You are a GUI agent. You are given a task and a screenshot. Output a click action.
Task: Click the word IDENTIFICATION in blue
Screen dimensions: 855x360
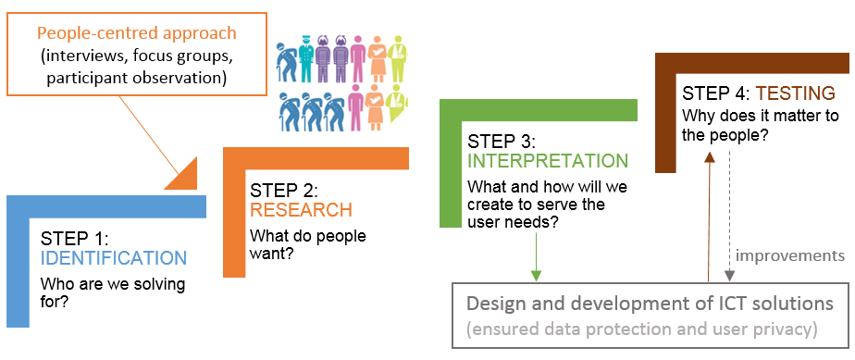pyautogui.click(x=114, y=257)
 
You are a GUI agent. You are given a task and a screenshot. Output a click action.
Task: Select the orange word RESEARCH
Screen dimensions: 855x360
pyautogui.click(x=301, y=210)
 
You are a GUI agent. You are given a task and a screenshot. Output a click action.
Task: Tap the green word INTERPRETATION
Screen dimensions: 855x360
pyautogui.click(x=548, y=161)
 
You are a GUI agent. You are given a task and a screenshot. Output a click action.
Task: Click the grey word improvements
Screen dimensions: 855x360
pyautogui.click(x=789, y=255)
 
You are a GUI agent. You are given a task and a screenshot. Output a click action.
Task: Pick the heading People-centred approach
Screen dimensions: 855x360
pyautogui.click(x=137, y=32)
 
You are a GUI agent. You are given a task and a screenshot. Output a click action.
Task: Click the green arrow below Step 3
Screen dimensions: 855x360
pyautogui.click(x=537, y=255)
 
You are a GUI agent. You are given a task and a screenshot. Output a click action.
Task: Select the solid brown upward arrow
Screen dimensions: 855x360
pyautogui.click(x=709, y=217)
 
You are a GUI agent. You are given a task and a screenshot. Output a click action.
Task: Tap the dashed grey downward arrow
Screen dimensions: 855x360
pyautogui.click(x=729, y=217)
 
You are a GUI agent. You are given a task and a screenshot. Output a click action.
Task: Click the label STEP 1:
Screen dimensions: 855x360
pyautogui.click(x=75, y=239)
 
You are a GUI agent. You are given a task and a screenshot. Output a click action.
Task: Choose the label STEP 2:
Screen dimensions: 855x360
pyautogui.click(x=284, y=191)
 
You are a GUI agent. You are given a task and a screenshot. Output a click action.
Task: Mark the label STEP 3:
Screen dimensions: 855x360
pyautogui.click(x=502, y=142)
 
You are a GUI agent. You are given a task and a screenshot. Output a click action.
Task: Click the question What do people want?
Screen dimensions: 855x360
pyautogui.click(x=308, y=245)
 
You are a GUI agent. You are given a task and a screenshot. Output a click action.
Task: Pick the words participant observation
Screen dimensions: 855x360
pyautogui.click(x=137, y=78)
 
